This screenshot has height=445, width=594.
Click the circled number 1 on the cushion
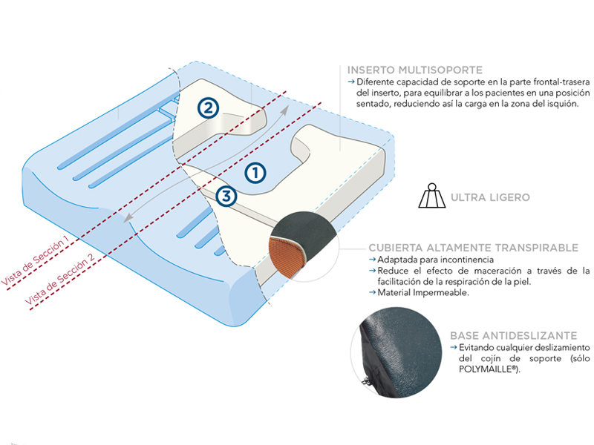(x=255, y=172)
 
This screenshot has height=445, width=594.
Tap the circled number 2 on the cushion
(x=208, y=108)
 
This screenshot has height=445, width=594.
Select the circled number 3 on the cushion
(x=227, y=197)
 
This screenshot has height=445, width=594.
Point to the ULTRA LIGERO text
(x=489, y=198)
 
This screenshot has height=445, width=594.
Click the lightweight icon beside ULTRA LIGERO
(x=431, y=197)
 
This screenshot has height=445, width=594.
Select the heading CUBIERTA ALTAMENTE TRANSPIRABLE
(x=473, y=248)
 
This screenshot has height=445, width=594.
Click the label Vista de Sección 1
(x=36, y=260)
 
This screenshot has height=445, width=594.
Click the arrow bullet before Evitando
(x=453, y=347)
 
